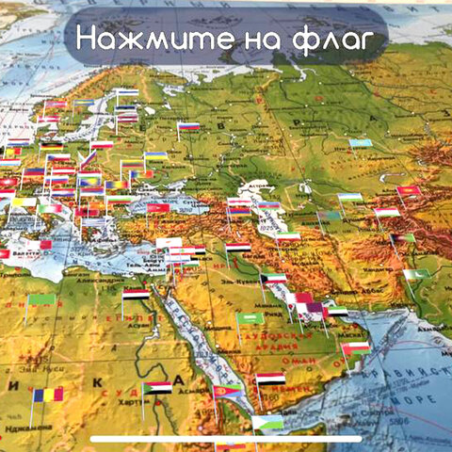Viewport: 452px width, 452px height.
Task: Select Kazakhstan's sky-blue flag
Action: (361, 144)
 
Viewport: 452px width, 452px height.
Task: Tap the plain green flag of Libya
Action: (41, 300)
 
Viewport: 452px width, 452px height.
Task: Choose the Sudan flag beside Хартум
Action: (157, 387)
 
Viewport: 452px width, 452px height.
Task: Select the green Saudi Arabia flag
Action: (250, 318)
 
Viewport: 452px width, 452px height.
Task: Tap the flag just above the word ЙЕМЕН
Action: (271, 379)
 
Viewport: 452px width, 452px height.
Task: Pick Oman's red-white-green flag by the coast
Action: (356, 349)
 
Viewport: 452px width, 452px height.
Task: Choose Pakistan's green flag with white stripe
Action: (415, 277)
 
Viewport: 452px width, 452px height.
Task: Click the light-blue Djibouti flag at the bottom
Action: (267, 422)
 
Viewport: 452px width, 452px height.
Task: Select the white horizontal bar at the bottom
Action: (226, 438)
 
